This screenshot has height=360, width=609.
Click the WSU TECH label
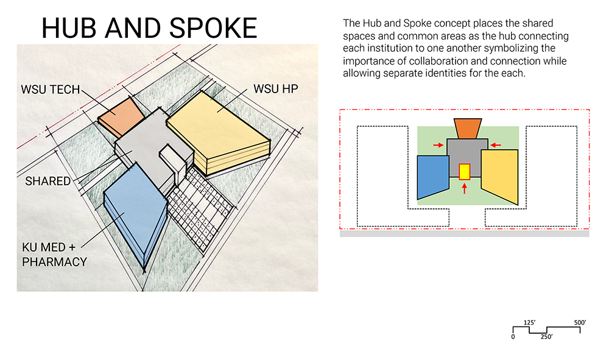tap(50, 90)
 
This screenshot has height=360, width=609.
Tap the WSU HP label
tap(276, 89)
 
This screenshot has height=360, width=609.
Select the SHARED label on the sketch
tap(48, 182)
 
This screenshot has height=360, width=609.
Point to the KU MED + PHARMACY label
tap(54, 255)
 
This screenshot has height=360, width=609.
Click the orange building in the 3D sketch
tap(121, 115)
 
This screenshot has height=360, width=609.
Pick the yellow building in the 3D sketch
tap(218, 132)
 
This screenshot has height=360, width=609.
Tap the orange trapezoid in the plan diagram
tap(468, 129)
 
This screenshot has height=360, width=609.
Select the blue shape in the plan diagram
tap(432, 177)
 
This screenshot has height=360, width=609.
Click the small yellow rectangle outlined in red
tap(465, 172)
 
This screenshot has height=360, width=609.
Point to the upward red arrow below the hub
tap(464, 188)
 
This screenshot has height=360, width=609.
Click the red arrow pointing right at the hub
tap(438, 145)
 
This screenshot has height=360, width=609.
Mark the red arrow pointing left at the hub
tap(496, 145)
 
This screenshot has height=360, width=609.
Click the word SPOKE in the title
tap(213, 29)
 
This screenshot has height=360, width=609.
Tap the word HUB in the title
tap(69, 29)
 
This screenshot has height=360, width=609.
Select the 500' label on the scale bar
tap(580, 323)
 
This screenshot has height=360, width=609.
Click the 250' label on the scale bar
tap(546, 337)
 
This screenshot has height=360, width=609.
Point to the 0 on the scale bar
tap(513, 337)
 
